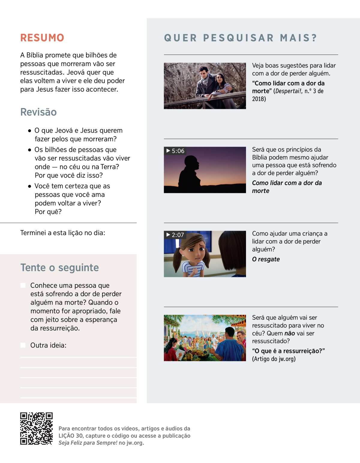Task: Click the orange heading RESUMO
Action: click(x=42, y=38)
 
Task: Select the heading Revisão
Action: click(x=38, y=112)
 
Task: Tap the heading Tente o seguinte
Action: click(x=59, y=267)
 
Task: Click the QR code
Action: click(x=36, y=428)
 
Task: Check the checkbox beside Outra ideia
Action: click(x=23, y=345)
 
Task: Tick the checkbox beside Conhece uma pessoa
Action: click(x=23, y=285)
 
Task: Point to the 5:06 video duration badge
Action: click(x=175, y=151)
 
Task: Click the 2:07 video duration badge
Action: click(x=175, y=235)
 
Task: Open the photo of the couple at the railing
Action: click(x=205, y=86)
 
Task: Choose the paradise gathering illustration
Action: click(x=205, y=338)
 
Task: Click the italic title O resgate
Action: click(x=266, y=259)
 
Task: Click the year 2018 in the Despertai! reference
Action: click(x=258, y=99)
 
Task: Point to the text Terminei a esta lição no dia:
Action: click(x=63, y=233)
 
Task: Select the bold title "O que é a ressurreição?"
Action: click(x=288, y=351)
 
